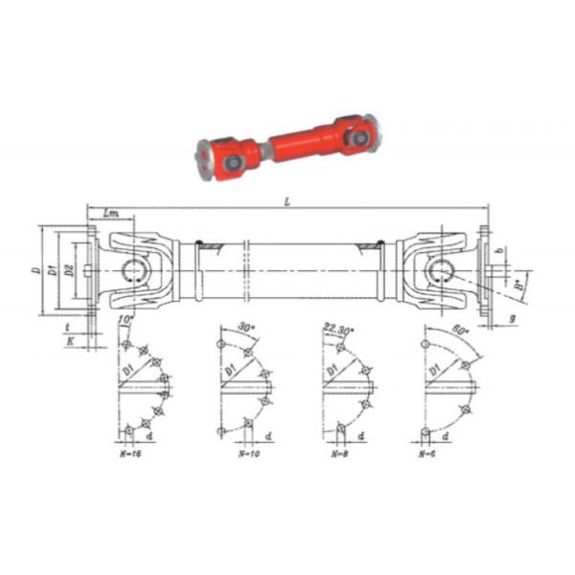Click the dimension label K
click(x=69, y=337)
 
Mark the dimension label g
click(x=513, y=315)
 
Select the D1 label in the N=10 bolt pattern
click(x=228, y=367)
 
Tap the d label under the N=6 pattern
click(x=458, y=437)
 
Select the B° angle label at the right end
click(x=518, y=284)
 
